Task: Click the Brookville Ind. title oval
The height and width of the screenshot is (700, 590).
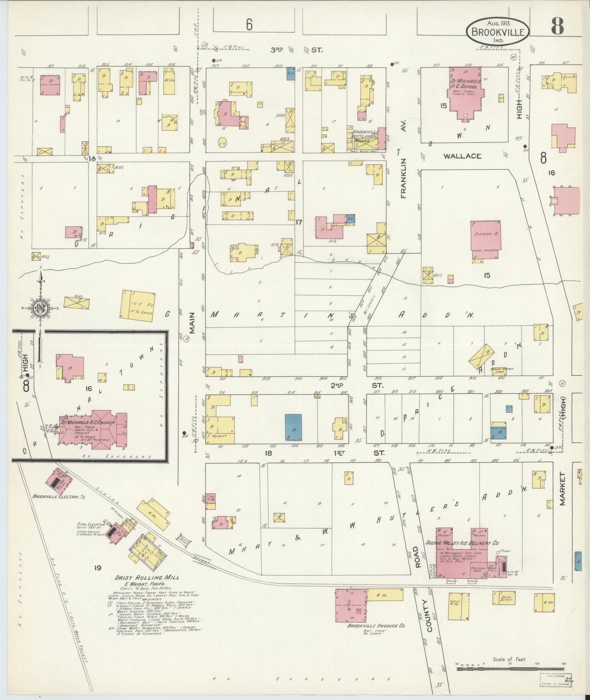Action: [x=498, y=31]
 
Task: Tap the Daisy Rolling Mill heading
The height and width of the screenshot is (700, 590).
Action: [x=147, y=578]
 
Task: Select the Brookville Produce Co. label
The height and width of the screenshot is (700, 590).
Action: [x=376, y=626]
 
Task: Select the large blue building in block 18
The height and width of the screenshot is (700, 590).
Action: [x=293, y=427]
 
